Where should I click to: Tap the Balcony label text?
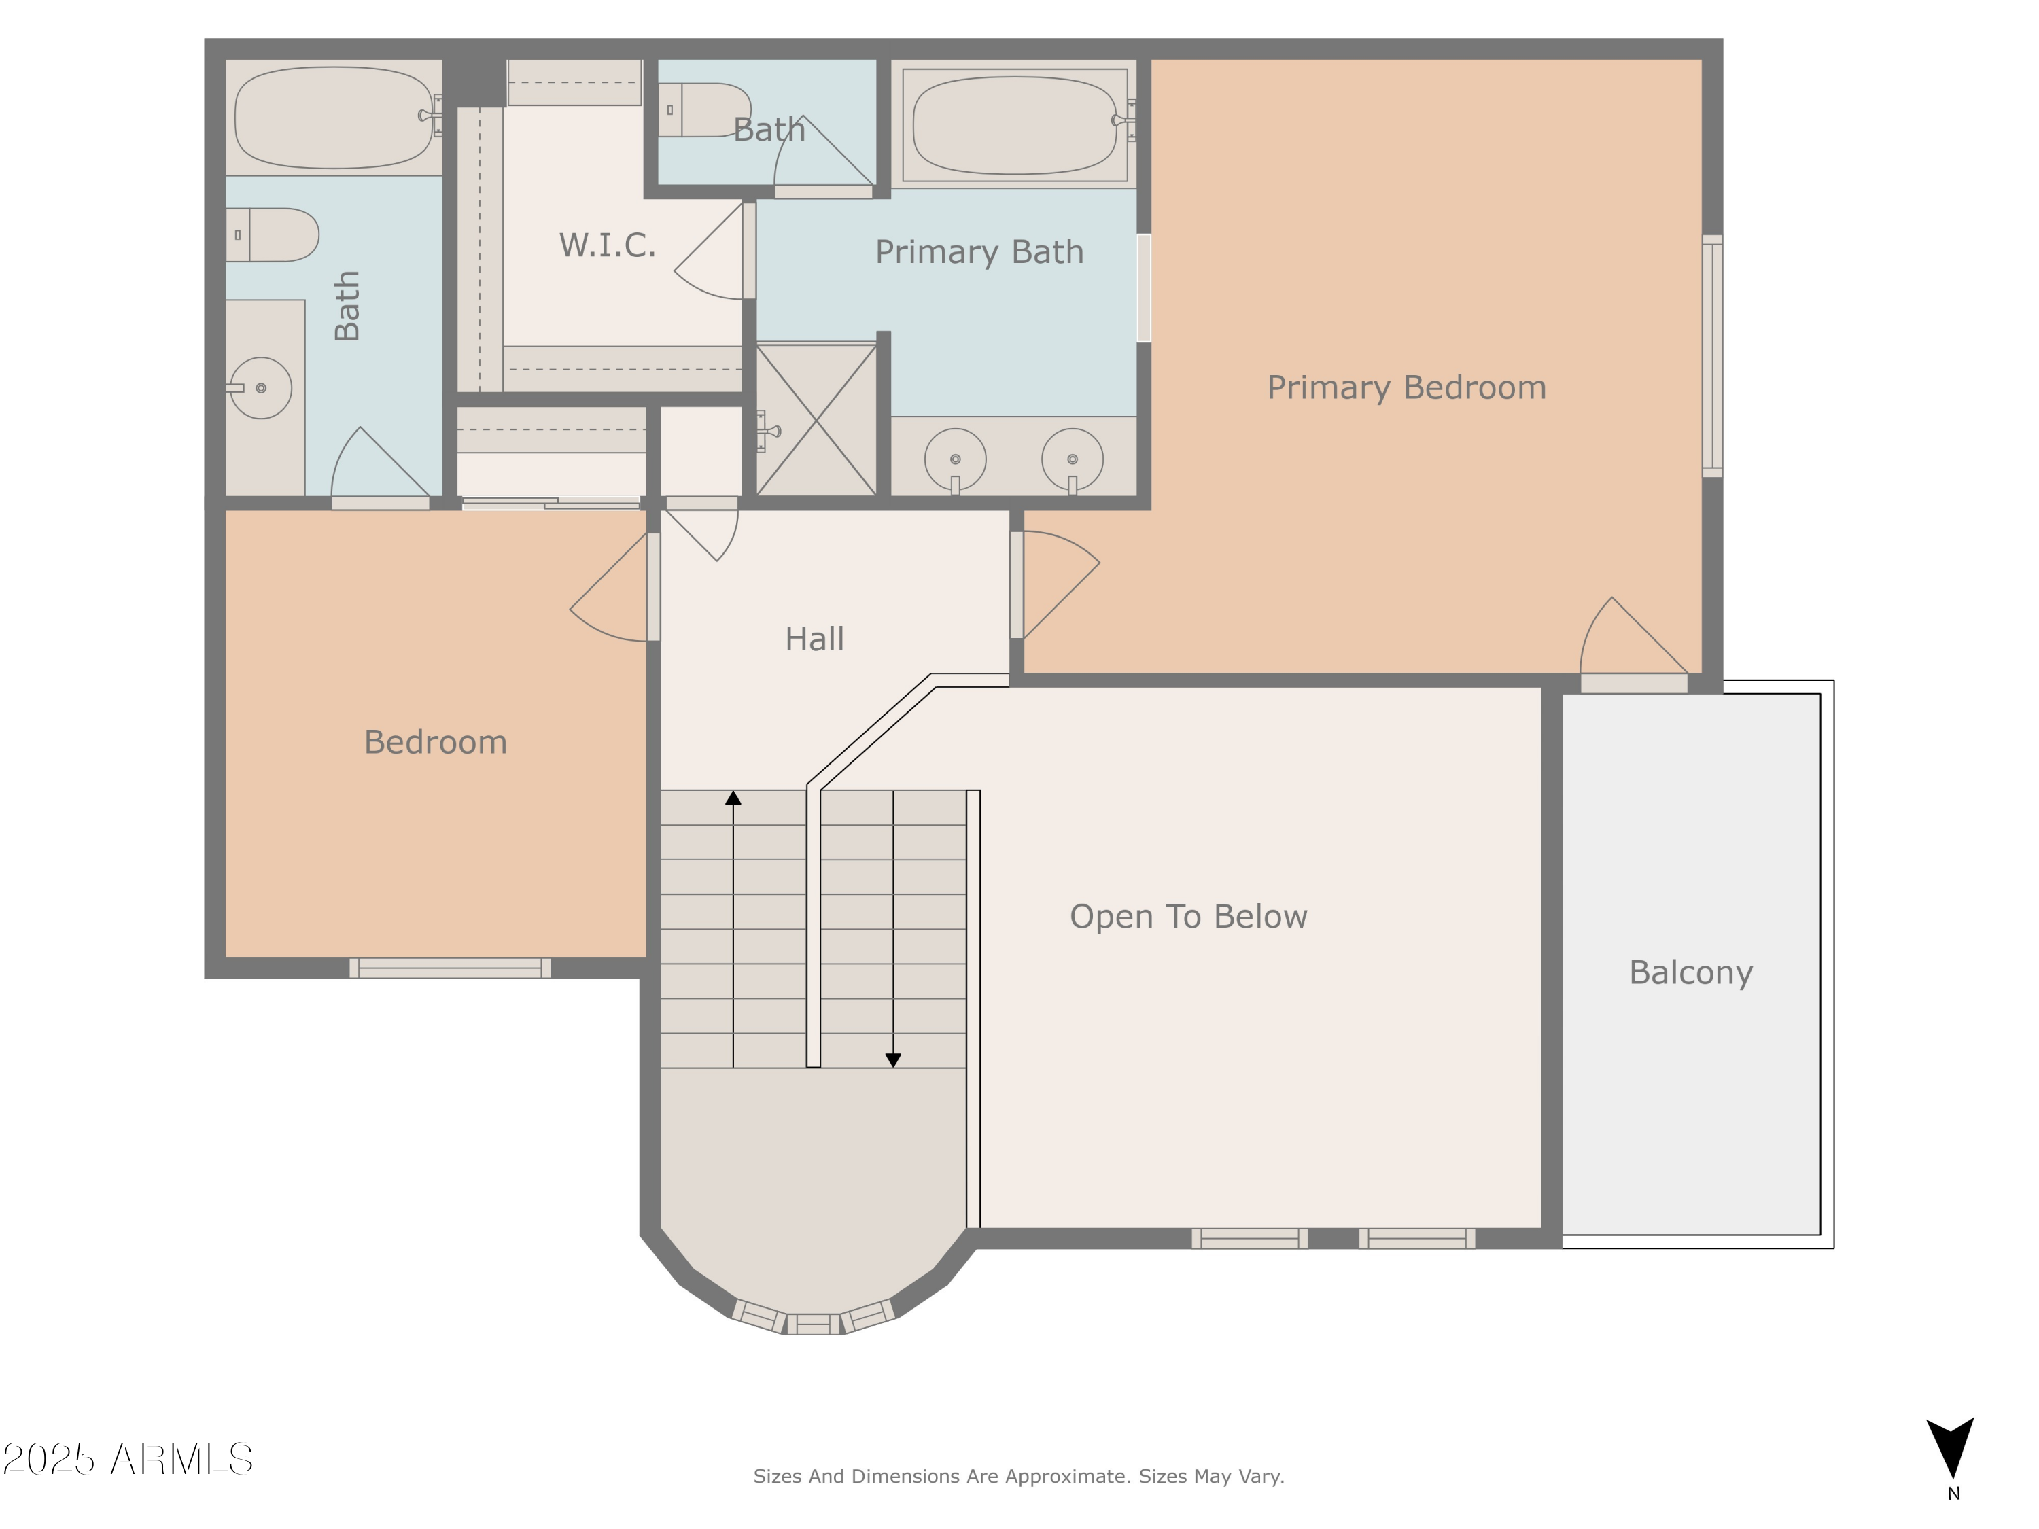click(x=1690, y=972)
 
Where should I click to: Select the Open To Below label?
click(x=1187, y=916)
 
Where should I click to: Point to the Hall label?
click(x=814, y=639)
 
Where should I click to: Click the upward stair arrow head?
click(x=733, y=798)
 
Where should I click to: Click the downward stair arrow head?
click(x=892, y=1060)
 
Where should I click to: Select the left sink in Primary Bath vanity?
click(x=955, y=459)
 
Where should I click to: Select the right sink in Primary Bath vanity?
click(x=1072, y=459)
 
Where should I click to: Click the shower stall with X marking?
click(x=816, y=420)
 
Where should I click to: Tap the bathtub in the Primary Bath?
click(x=1014, y=124)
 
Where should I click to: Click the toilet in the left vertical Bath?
click(x=272, y=235)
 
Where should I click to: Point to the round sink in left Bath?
click(x=261, y=388)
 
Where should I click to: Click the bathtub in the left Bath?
click(x=334, y=117)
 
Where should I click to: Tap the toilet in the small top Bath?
click(x=705, y=109)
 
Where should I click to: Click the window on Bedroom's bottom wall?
click(x=449, y=968)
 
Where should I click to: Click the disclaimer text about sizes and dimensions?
click(x=1019, y=1477)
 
